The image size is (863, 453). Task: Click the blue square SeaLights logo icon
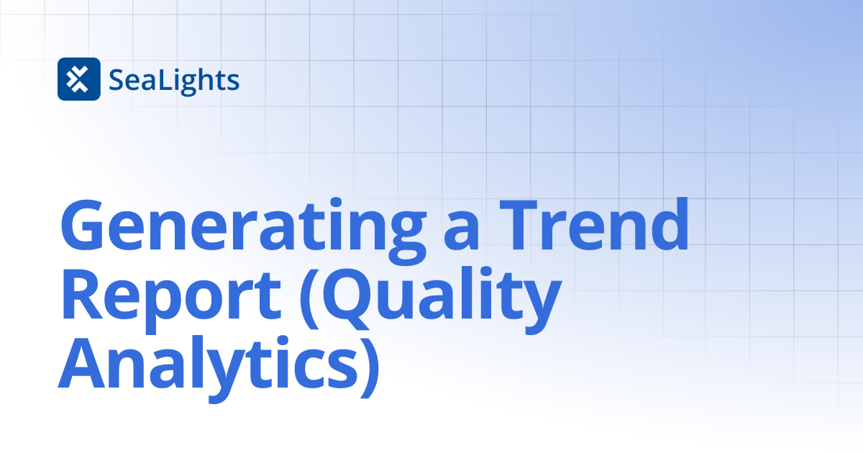pos(78,79)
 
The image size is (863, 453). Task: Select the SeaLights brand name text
pos(174,80)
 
